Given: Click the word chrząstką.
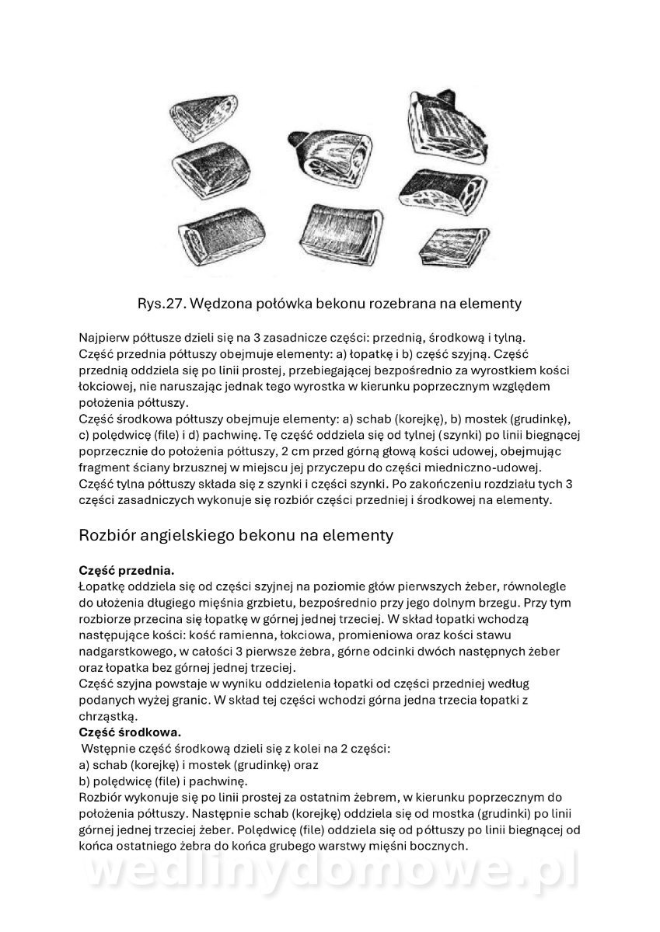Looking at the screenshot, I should click(108, 716).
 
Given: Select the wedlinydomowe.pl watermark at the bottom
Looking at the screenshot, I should click(330, 874).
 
